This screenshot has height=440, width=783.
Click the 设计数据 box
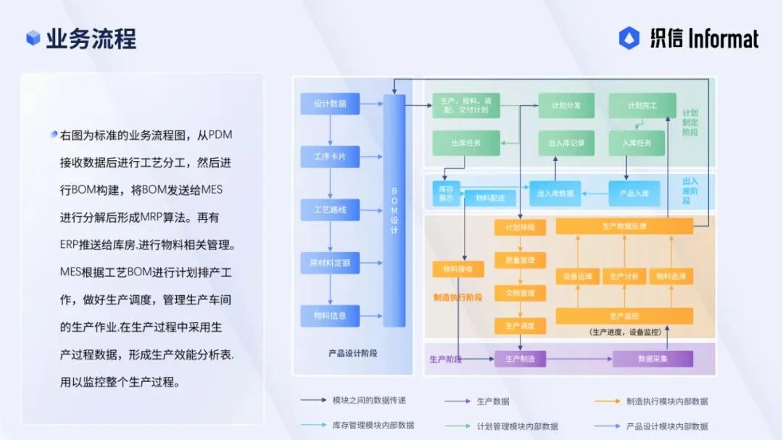coord(330,104)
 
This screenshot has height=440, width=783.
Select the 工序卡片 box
coord(330,157)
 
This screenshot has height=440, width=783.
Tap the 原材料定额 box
coord(330,262)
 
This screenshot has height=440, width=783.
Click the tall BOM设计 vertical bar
coord(394,210)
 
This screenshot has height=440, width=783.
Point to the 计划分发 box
coord(566,106)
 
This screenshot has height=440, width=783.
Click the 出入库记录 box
coord(566,143)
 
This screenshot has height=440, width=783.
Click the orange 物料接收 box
coord(457,269)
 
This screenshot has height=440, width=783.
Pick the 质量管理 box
coord(520,260)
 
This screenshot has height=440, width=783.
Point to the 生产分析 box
coord(624,276)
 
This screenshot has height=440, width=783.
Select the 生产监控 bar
coord(624,316)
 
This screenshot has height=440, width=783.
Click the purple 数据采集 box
coord(652,359)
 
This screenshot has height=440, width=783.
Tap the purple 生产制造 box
coord(520,359)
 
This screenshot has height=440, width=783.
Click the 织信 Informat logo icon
coord(629,38)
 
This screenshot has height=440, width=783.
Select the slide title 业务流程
coord(91,38)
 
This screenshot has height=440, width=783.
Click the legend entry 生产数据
coord(493,401)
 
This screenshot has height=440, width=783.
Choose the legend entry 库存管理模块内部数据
coord(373,426)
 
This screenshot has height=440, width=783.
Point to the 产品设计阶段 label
coord(353,354)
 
